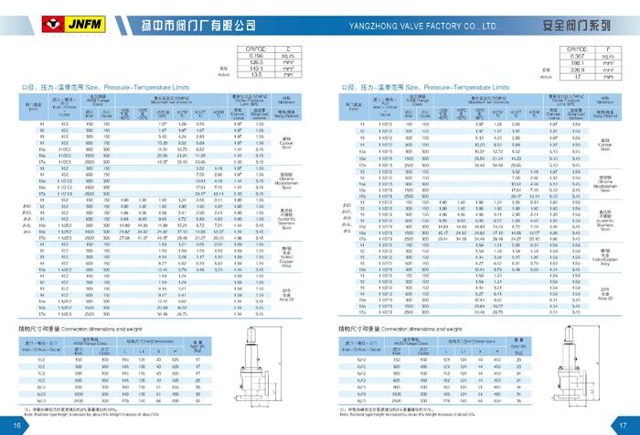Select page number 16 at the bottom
tap(17, 425)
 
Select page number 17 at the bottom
tap(623, 425)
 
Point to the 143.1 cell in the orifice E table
tap(245, 69)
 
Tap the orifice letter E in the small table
tap(287, 49)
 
